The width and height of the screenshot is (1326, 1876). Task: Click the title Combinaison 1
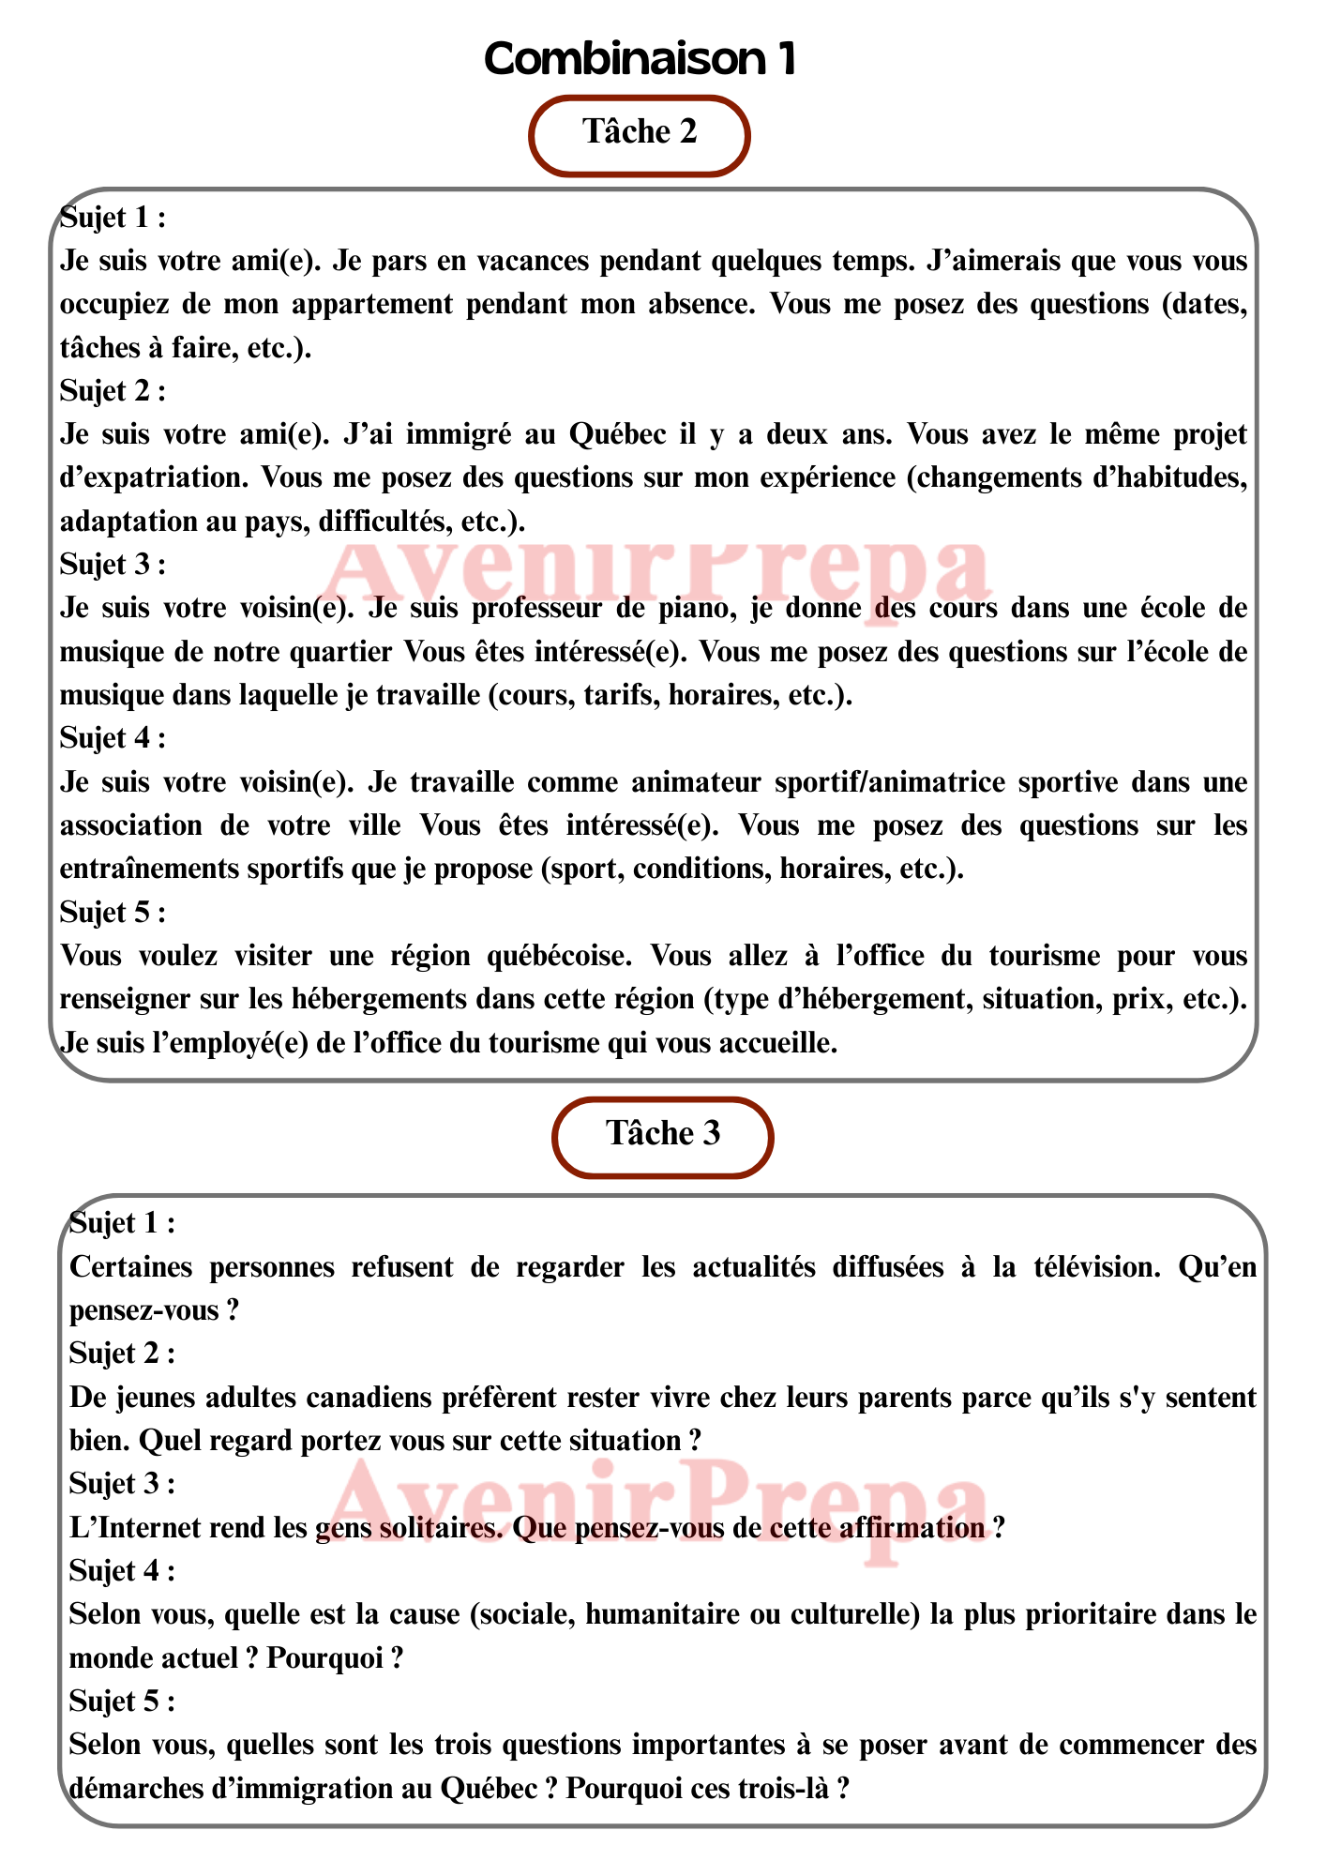coord(640,59)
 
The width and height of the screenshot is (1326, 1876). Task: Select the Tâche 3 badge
coord(663,1135)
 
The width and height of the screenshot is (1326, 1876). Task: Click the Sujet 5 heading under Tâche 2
coord(112,912)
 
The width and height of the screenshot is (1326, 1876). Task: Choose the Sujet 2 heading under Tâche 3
coord(122,1354)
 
